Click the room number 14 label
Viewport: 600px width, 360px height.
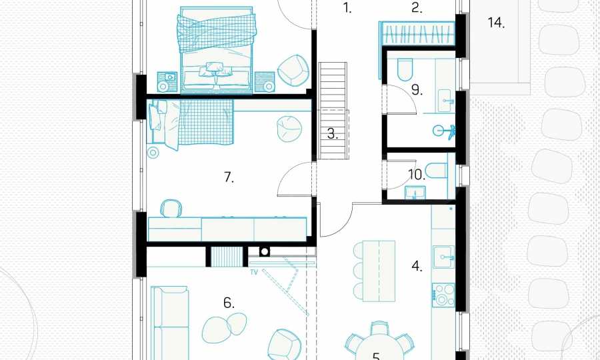point(496,23)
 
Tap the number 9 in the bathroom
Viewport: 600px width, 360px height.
point(417,90)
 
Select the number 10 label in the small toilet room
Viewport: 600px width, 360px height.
point(417,175)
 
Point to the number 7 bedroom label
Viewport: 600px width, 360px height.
point(229,177)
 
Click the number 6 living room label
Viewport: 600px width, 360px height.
point(229,303)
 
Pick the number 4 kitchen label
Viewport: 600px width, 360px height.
point(417,266)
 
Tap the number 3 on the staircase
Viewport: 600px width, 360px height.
point(333,134)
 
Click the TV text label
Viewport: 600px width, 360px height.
point(254,273)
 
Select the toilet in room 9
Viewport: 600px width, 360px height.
point(405,69)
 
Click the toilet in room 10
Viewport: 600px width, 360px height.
point(436,171)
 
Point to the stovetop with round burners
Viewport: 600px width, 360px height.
point(443,295)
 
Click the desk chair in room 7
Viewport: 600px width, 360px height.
point(170,209)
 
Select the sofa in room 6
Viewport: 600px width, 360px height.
point(169,323)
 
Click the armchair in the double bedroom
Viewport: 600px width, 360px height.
point(293,71)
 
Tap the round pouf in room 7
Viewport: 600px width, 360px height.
point(289,129)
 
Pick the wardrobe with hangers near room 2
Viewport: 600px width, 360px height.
point(417,34)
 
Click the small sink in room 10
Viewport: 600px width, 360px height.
point(415,193)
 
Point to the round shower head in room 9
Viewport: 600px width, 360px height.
point(439,131)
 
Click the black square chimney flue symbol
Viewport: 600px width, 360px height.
point(265,252)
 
